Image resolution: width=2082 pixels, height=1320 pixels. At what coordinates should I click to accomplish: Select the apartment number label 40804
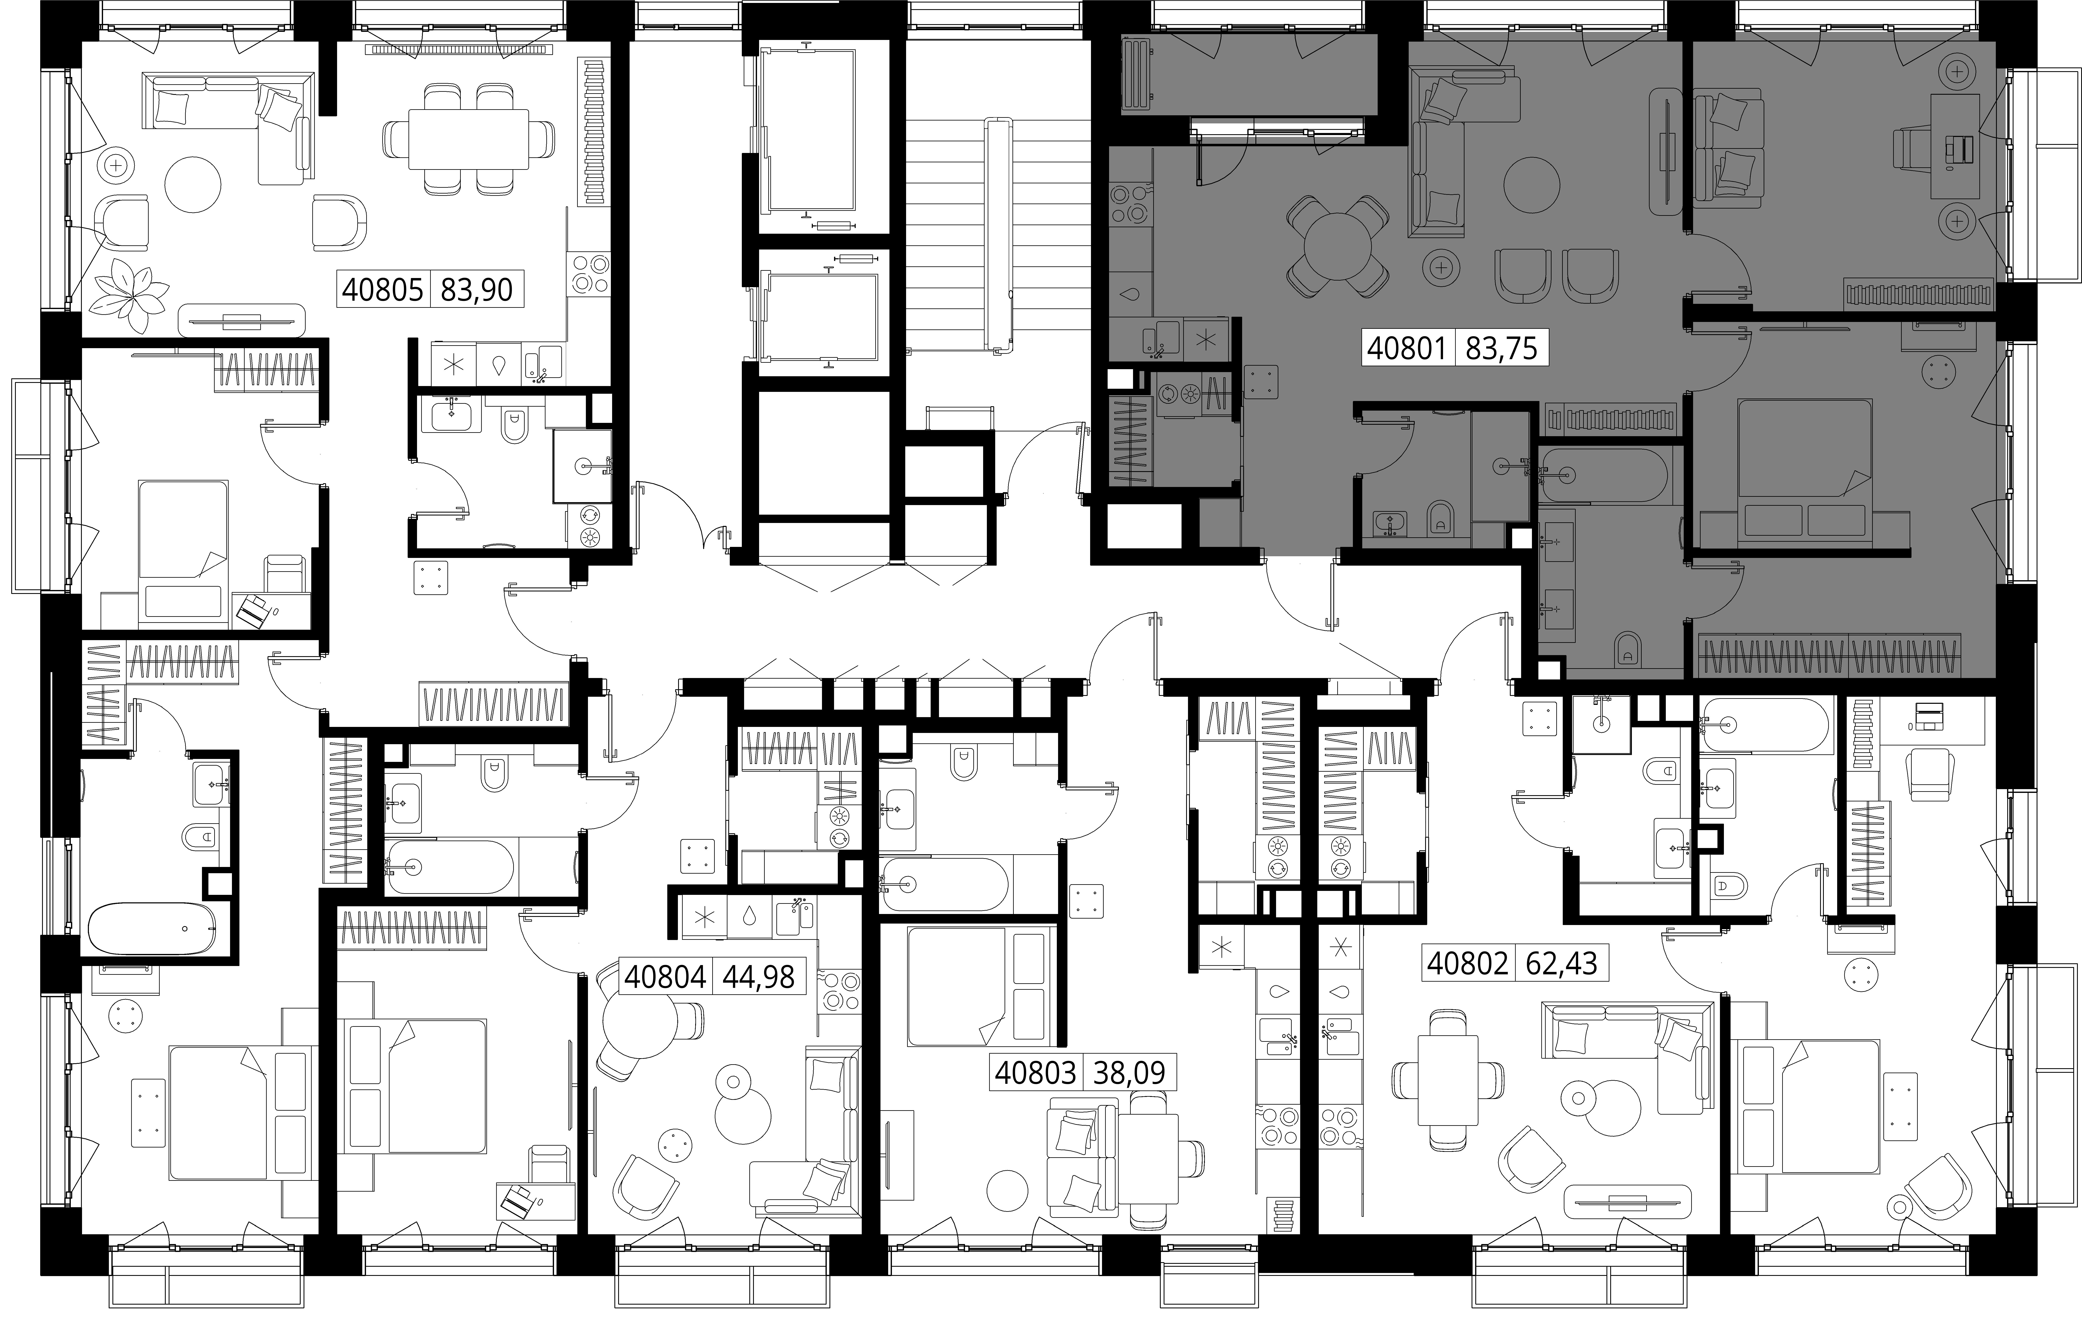pyautogui.click(x=665, y=977)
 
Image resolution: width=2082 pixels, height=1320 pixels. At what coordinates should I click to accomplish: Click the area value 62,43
pyautogui.click(x=1561, y=963)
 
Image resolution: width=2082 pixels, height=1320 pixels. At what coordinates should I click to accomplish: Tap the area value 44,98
pyautogui.click(x=758, y=977)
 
